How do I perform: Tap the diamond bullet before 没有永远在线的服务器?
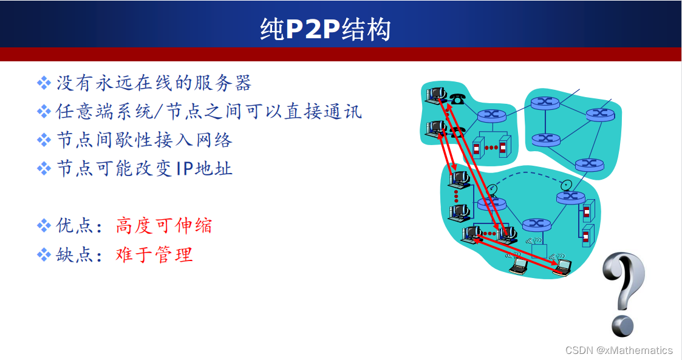tap(44, 83)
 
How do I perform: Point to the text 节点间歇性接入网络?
tap(144, 140)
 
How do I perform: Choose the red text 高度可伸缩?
tap(164, 226)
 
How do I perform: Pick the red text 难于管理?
tap(154, 254)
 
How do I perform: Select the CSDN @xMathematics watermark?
tap(619, 350)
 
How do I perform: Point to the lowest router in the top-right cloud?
tap(586, 163)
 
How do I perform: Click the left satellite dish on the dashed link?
tap(492, 189)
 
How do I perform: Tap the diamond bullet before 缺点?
tap(44, 254)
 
